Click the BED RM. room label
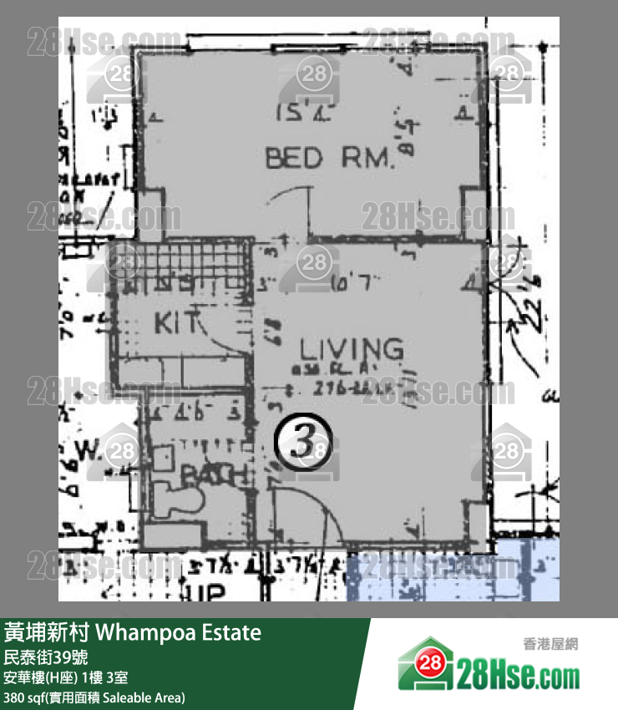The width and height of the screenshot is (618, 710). point(329,157)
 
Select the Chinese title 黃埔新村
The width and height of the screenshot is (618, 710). point(45,632)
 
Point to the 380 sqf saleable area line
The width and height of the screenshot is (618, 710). point(94,697)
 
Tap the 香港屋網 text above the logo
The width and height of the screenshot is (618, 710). point(550,644)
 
